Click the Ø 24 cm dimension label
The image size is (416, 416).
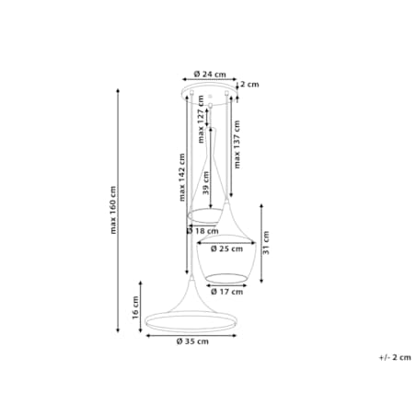(210, 75)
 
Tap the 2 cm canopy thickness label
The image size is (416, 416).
(249, 84)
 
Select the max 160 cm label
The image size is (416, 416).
(113, 210)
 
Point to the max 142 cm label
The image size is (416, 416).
(182, 178)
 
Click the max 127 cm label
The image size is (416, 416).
(201, 119)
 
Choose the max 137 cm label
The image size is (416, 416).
(237, 144)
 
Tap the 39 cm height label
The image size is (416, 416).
(206, 183)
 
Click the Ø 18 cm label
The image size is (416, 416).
(202, 231)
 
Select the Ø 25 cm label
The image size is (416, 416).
(226, 248)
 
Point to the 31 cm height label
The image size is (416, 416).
(266, 243)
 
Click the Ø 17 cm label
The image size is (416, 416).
(226, 292)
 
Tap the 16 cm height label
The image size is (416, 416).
(135, 307)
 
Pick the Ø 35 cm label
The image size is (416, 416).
(192, 341)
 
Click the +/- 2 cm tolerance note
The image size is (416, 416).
(395, 357)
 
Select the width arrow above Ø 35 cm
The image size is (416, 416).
(191, 336)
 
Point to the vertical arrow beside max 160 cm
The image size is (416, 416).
(118, 211)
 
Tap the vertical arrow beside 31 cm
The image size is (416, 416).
(261, 243)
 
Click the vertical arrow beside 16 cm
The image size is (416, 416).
(141, 306)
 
